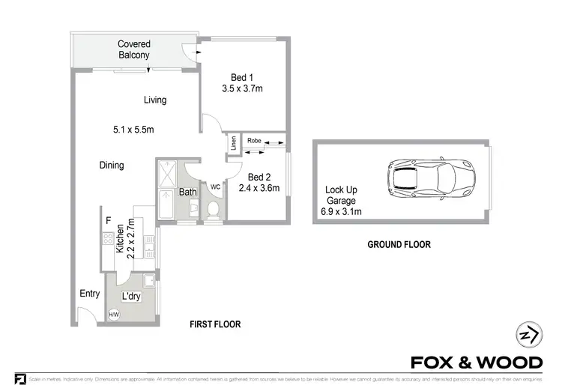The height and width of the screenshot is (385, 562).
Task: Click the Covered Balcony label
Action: tap(133, 49)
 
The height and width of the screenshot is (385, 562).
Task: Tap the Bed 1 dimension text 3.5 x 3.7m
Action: tap(242, 88)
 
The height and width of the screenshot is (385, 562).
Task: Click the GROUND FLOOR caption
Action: tap(398, 244)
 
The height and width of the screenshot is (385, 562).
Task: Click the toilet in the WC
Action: tap(214, 209)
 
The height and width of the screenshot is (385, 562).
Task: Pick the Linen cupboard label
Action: tap(234, 142)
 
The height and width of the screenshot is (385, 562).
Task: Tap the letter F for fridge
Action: tap(109, 220)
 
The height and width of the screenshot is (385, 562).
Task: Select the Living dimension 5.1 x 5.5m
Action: tap(133, 130)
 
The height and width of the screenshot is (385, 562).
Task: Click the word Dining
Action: tap(111, 166)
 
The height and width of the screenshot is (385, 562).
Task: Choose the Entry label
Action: tap(89, 294)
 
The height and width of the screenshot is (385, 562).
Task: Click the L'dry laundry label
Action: tap(131, 297)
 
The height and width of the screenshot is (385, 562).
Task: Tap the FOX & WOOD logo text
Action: tap(477, 363)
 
